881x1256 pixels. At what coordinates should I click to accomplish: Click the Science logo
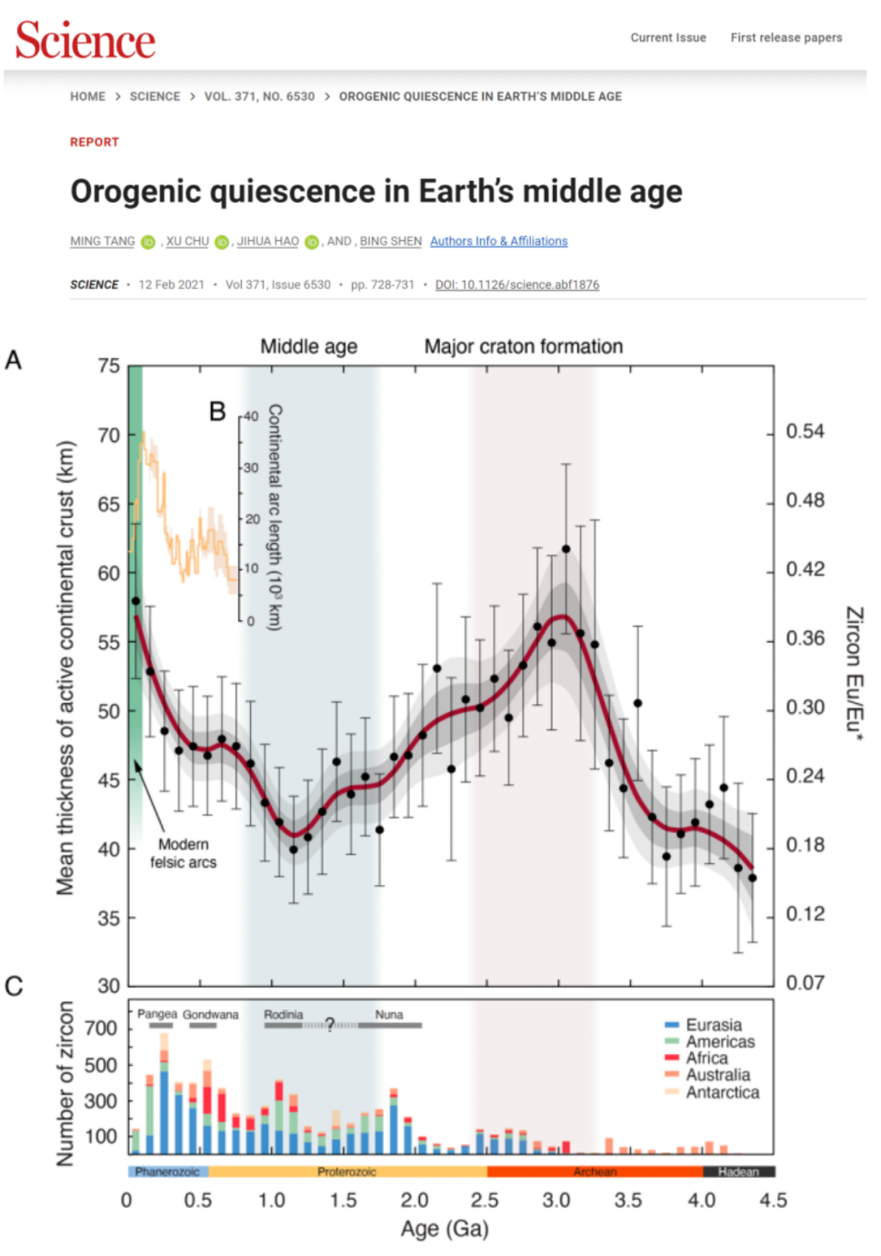(x=85, y=39)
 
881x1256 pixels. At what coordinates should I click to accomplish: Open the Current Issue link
(x=668, y=37)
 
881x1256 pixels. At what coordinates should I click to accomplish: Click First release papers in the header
(x=786, y=37)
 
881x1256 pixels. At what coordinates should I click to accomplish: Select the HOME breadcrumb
(x=87, y=96)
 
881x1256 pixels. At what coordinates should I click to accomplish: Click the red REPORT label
(x=95, y=142)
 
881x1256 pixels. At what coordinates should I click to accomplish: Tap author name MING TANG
(x=103, y=241)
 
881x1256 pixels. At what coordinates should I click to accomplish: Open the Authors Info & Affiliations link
(x=498, y=241)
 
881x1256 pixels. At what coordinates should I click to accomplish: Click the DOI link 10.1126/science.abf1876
(x=516, y=285)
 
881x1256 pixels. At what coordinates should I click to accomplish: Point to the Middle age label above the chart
(x=309, y=347)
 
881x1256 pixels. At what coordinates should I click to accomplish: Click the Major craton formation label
(x=524, y=347)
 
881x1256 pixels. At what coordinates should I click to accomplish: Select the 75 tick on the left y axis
(x=109, y=366)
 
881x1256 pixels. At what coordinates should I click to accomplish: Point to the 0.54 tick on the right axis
(x=805, y=431)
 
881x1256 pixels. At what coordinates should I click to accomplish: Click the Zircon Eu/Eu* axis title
(x=854, y=673)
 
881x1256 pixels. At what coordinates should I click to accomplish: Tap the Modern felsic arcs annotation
(x=184, y=853)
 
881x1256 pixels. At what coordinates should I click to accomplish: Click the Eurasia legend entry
(x=714, y=1025)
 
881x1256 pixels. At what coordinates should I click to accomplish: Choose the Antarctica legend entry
(x=722, y=1092)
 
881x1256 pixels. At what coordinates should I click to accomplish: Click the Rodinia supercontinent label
(x=284, y=1014)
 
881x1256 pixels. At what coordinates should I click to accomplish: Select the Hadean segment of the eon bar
(x=738, y=1171)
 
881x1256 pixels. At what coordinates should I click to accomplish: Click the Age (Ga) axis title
(x=445, y=1229)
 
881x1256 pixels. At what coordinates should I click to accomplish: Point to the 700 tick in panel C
(x=101, y=1028)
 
